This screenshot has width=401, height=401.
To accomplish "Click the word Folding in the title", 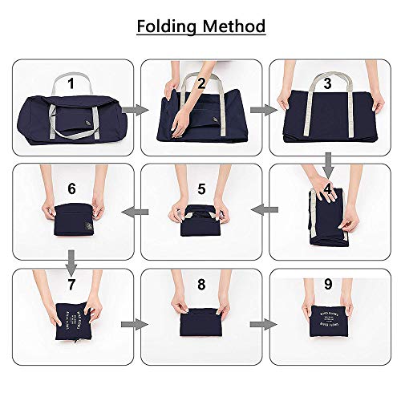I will (x=168, y=26).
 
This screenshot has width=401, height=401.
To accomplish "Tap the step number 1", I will (x=71, y=83).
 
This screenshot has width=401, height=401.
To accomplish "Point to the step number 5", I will (x=201, y=189).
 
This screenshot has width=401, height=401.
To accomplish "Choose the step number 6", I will (x=71, y=189).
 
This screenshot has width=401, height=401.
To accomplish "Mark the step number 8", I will (x=201, y=285).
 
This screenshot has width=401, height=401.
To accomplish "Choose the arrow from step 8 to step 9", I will (x=261, y=325).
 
